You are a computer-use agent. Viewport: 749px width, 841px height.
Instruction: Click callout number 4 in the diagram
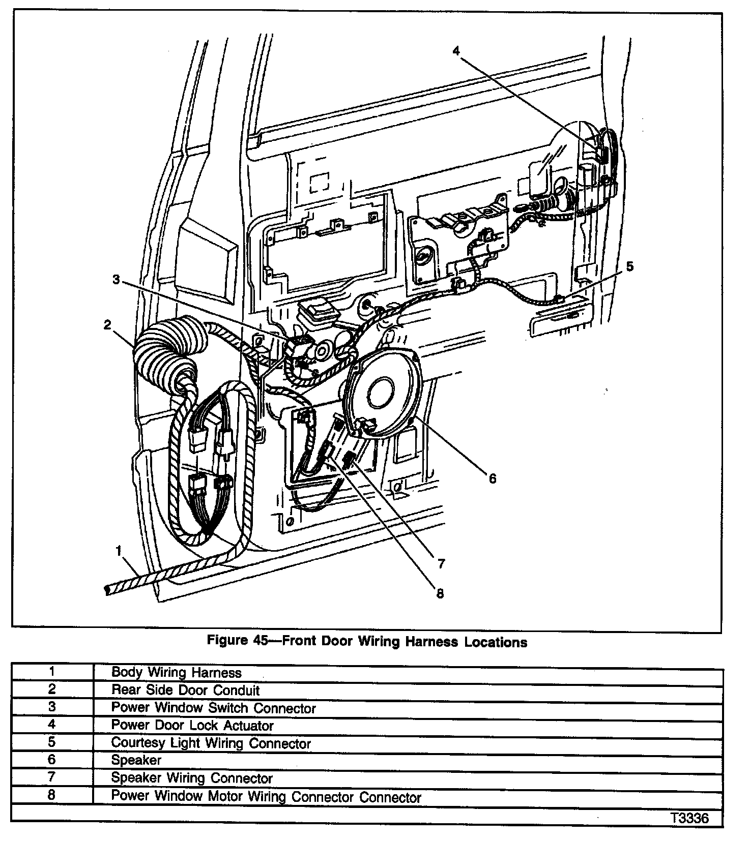(456, 50)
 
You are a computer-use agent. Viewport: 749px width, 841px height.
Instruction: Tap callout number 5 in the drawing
(629, 266)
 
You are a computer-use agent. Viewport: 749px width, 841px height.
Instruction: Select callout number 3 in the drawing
(117, 280)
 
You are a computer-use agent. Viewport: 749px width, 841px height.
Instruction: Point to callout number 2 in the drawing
(107, 325)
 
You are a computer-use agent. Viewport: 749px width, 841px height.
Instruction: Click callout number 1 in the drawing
(119, 550)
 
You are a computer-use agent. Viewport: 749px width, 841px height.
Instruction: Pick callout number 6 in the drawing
(492, 478)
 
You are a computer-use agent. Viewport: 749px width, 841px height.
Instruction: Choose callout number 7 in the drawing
(441, 563)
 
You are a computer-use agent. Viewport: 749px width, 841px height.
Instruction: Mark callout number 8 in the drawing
(440, 593)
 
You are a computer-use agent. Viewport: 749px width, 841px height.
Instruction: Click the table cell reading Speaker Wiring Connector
(192, 778)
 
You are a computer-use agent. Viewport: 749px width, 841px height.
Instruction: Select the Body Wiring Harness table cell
(176, 673)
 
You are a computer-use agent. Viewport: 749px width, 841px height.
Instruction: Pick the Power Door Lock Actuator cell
(192, 726)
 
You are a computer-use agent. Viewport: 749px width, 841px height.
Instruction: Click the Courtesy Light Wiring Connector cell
(211, 743)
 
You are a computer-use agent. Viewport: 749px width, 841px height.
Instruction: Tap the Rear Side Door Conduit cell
(185, 690)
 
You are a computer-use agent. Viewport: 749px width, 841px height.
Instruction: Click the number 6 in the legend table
(52, 760)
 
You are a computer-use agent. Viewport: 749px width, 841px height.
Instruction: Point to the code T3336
(689, 819)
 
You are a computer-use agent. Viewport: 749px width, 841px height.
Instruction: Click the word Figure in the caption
(227, 641)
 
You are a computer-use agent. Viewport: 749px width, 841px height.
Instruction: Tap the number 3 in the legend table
(52, 707)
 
